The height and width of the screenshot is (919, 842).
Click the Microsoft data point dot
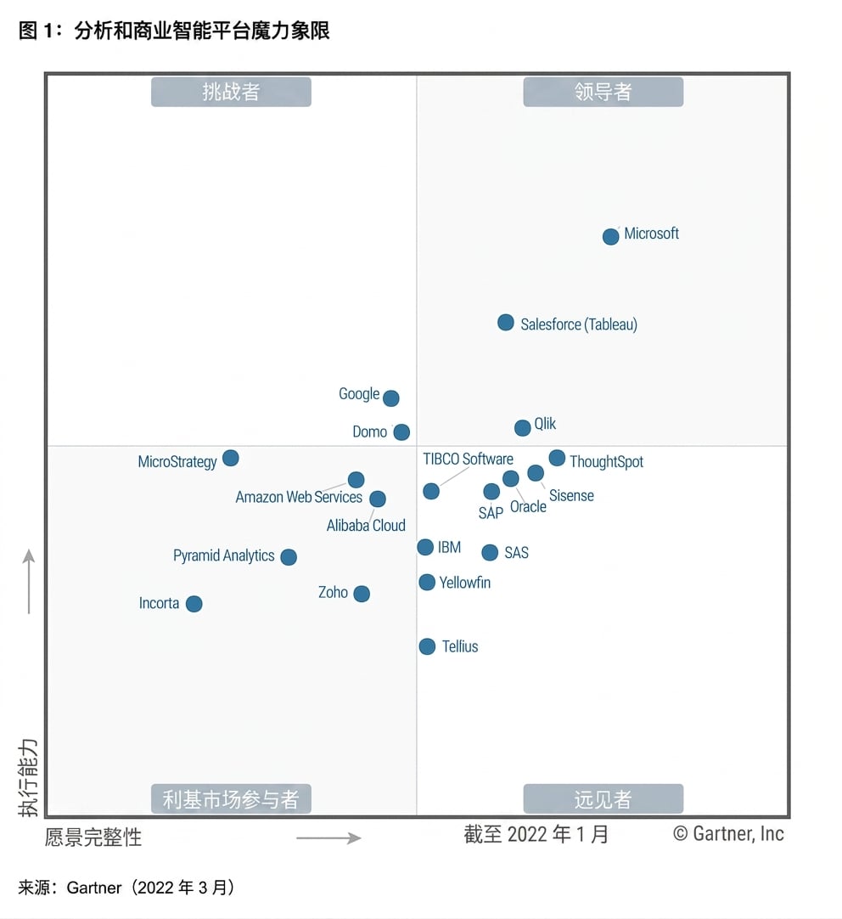tap(611, 236)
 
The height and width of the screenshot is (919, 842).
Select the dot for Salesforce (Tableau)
tap(505, 323)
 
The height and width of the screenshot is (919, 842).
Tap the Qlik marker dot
tap(522, 428)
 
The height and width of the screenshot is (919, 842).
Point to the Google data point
tap(391, 398)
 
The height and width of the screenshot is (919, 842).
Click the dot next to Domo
tap(401, 432)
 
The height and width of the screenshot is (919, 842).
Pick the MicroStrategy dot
tap(231, 459)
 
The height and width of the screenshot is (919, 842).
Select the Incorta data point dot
tap(194, 604)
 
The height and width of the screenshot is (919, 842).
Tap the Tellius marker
tap(428, 647)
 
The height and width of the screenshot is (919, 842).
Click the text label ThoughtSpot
tap(607, 462)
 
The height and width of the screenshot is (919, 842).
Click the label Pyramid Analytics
tap(224, 555)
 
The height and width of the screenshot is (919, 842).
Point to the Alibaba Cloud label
tap(366, 525)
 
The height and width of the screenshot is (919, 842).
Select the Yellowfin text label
tap(465, 583)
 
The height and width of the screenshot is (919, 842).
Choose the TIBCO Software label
tap(468, 459)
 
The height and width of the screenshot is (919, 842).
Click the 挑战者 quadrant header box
tap(231, 92)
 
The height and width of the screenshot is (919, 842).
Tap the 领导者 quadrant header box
tap(603, 92)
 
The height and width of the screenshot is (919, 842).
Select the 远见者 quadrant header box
tap(603, 799)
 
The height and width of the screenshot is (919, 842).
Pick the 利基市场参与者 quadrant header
tap(231, 799)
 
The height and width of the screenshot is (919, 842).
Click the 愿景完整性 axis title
tap(93, 837)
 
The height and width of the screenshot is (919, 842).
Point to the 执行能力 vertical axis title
tap(28, 778)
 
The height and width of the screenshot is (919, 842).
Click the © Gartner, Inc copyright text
tap(728, 833)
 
